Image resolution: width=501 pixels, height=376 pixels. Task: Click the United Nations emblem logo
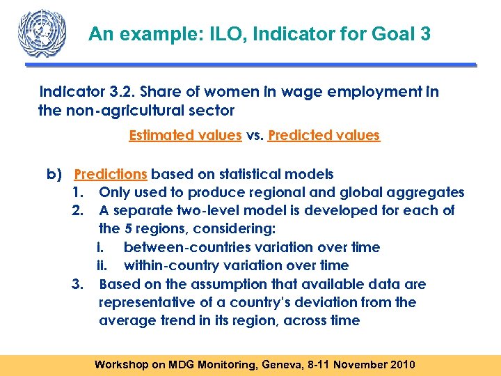click(x=42, y=33)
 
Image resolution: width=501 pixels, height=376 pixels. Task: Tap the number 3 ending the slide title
click(x=424, y=34)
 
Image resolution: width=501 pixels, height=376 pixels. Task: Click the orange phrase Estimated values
click(x=185, y=135)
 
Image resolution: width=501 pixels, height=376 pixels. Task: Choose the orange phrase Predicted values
click(x=324, y=135)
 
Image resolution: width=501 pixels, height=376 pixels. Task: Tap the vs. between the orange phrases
click(x=255, y=135)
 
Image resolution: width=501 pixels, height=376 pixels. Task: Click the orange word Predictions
click(x=111, y=174)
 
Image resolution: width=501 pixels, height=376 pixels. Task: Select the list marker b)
click(x=54, y=174)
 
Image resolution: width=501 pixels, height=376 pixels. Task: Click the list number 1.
click(x=77, y=192)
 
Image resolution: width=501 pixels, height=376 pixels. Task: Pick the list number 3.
click(x=77, y=284)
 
